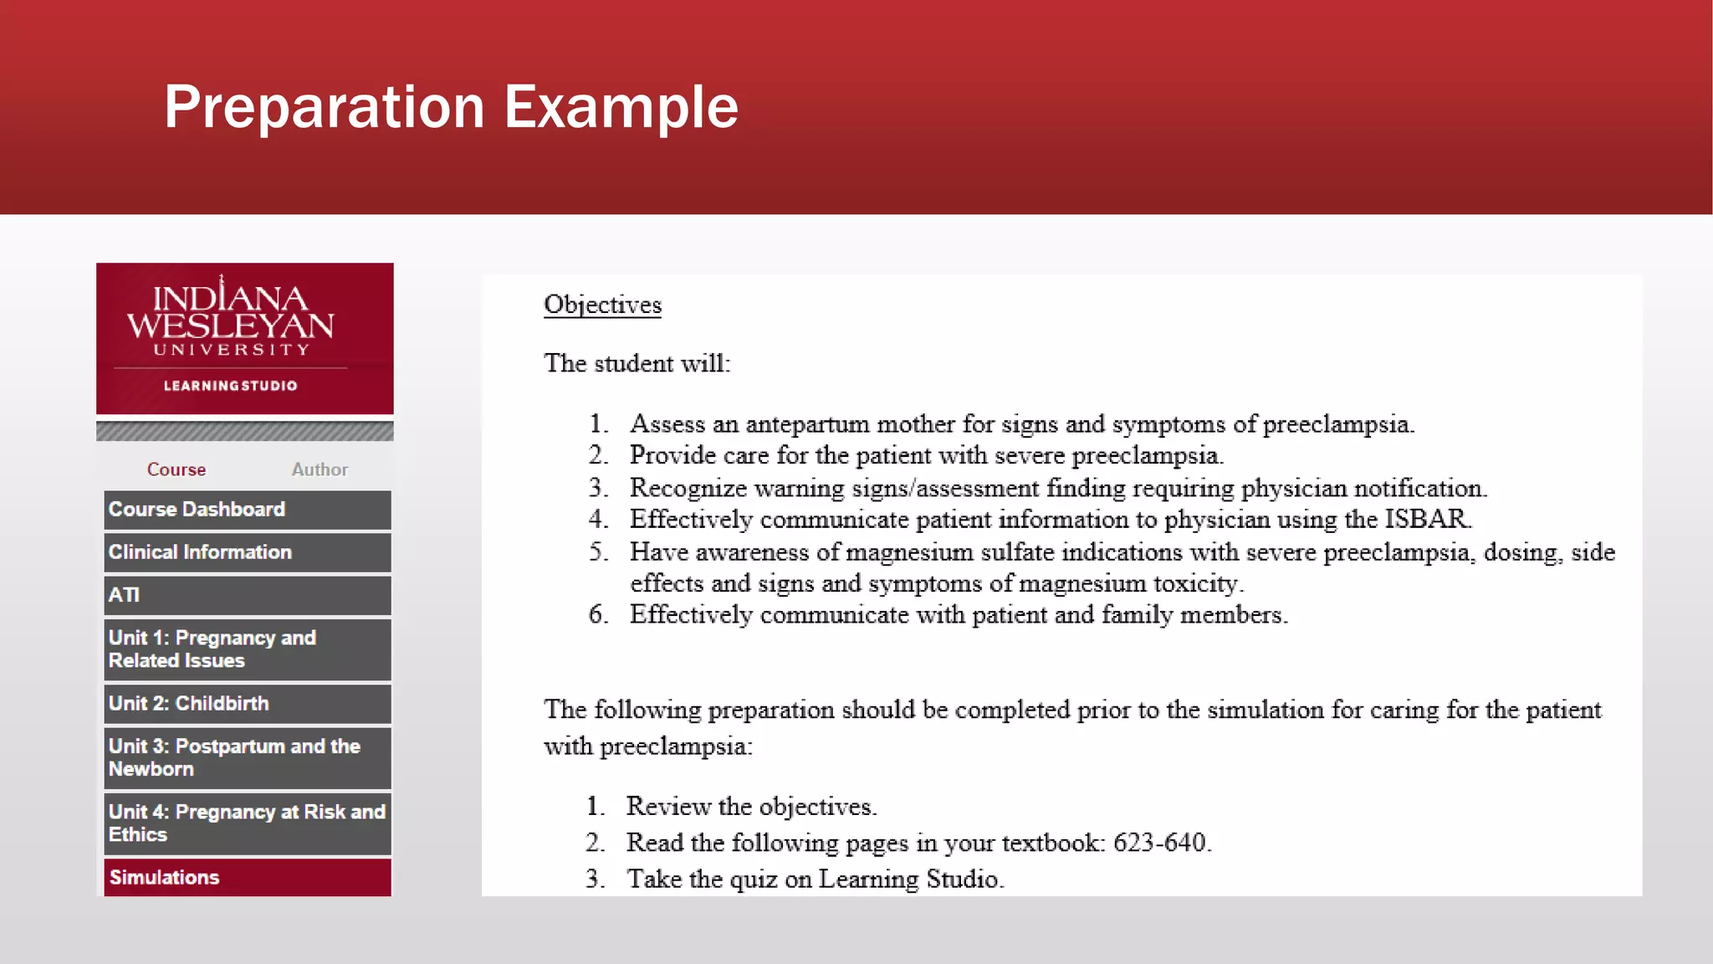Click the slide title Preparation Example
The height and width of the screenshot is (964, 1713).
pos(451,107)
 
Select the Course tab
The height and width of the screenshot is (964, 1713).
pos(176,469)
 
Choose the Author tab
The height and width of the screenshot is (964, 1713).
pos(320,469)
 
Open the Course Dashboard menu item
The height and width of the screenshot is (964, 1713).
pos(247,510)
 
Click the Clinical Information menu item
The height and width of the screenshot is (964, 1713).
pos(247,552)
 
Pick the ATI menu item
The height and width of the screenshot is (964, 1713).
pos(247,595)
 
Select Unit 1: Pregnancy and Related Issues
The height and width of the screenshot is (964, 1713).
pos(247,649)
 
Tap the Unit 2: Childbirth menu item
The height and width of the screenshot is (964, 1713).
pos(247,704)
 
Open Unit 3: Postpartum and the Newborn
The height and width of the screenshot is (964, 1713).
pos(247,757)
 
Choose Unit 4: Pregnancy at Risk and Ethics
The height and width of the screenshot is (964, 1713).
pos(247,823)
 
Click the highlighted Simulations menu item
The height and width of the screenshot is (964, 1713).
pos(247,877)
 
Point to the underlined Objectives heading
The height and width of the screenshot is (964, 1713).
pos(602,305)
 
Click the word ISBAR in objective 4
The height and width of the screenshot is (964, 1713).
pos(1426,519)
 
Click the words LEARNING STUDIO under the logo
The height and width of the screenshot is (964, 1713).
pos(230,386)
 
